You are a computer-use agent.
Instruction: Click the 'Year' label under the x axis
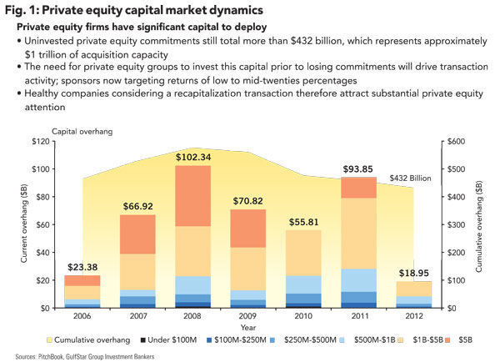click(247, 328)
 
